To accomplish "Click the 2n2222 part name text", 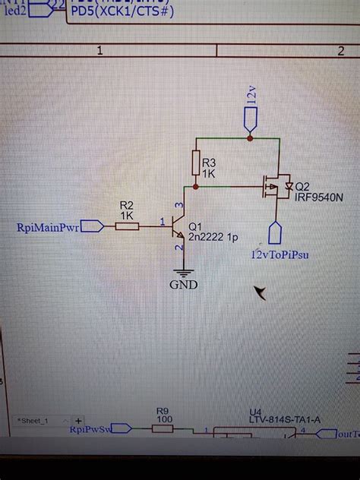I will click(x=214, y=238).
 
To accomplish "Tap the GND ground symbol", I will click(x=183, y=272).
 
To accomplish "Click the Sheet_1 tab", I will click(x=36, y=419).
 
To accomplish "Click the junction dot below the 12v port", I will click(x=250, y=138).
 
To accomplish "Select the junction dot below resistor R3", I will click(x=196, y=185).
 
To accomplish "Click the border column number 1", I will click(x=99, y=50).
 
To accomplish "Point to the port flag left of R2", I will click(x=92, y=226).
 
